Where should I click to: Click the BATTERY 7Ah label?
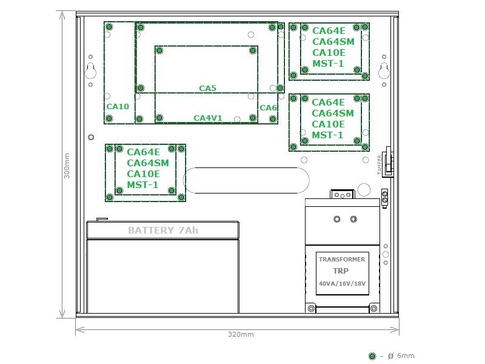tap(163, 231)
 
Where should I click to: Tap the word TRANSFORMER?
tap(342, 260)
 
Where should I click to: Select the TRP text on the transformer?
tap(341, 271)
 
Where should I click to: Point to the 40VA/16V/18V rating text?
tap(342, 283)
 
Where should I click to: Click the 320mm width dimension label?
tap(241, 334)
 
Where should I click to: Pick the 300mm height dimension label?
tap(67, 166)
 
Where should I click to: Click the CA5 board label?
tap(207, 88)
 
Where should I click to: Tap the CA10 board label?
tap(118, 107)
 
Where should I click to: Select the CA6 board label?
tap(268, 108)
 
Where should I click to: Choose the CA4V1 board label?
tap(208, 118)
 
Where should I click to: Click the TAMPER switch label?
tap(380, 165)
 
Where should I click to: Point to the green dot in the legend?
tap(372, 356)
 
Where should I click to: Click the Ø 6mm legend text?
tap(401, 356)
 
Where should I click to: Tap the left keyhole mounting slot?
tap(90, 71)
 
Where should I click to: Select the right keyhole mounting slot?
tap(384, 71)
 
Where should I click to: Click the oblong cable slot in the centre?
tap(247, 180)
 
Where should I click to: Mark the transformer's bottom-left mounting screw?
tap(311, 308)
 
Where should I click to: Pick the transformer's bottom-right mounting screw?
tap(373, 308)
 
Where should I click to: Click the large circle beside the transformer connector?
tap(364, 190)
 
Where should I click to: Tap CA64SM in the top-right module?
tap(333, 41)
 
